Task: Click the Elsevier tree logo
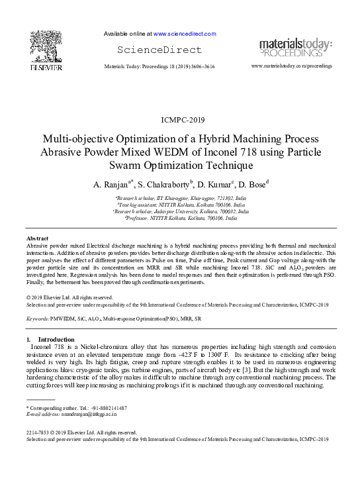click(x=46, y=46)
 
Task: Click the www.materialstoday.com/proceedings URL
click(x=292, y=67)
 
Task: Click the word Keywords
click(x=37, y=319)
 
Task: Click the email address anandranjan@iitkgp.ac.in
click(x=88, y=415)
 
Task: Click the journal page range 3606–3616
click(x=199, y=67)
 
